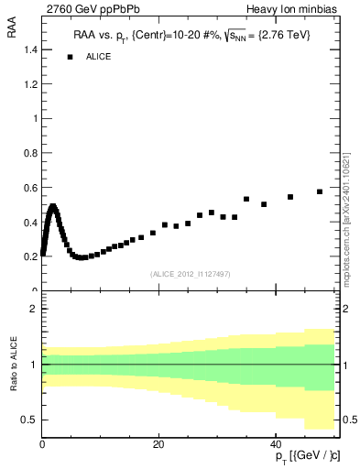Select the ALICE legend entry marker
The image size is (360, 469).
click(x=70, y=57)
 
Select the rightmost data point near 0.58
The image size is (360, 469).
click(x=320, y=191)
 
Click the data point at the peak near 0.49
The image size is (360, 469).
click(x=53, y=207)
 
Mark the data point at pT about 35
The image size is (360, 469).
click(x=246, y=199)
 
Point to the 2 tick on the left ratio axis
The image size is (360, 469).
click(x=34, y=309)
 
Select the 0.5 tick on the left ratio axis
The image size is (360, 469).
click(x=31, y=420)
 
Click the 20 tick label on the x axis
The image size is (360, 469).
click(x=158, y=443)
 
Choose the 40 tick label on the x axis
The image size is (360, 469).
click(x=276, y=443)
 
